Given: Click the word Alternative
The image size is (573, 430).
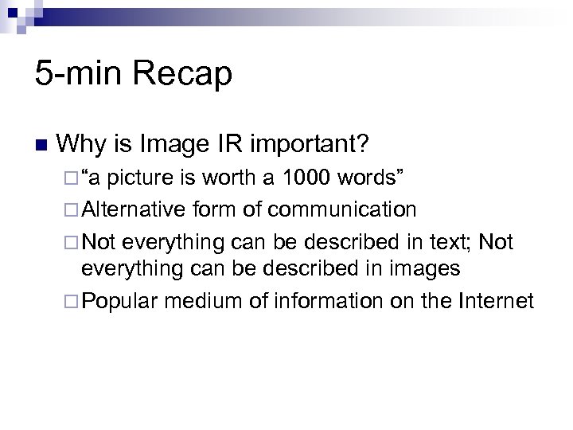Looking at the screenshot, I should pyautogui.click(x=133, y=209).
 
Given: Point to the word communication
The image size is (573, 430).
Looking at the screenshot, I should pyautogui.click(x=342, y=209).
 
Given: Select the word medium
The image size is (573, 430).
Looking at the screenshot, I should pyautogui.click(x=196, y=300).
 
